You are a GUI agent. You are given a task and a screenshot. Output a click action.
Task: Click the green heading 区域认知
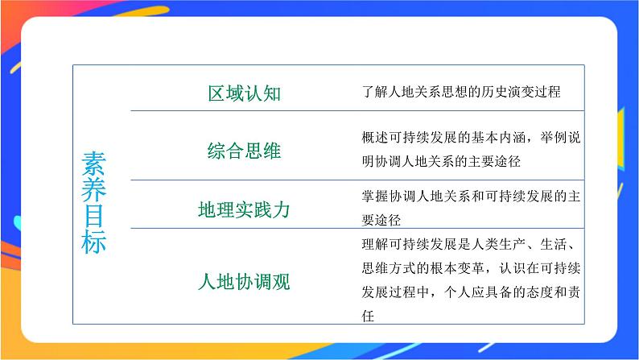tap(244, 93)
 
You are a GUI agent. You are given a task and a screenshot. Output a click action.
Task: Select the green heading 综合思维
tap(244, 151)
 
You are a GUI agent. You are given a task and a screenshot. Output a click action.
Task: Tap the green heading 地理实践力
tap(244, 210)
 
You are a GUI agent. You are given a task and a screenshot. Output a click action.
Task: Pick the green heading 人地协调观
tap(244, 283)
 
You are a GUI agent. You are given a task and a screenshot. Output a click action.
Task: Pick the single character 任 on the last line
tap(369, 316)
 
